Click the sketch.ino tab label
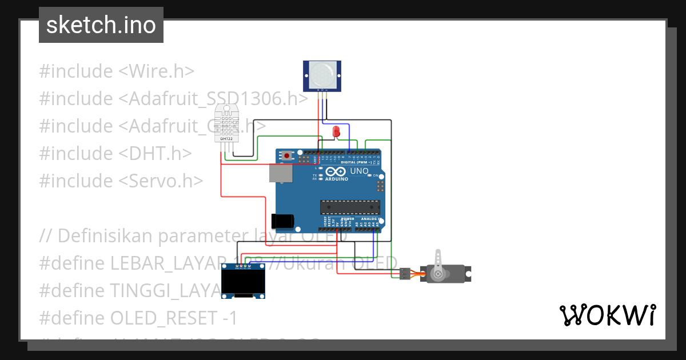[101, 25]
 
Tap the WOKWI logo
[607, 315]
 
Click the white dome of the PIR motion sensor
[321, 74]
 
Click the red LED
[336, 132]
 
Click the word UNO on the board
[358, 171]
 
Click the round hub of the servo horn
[438, 274]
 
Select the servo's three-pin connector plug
[405, 274]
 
